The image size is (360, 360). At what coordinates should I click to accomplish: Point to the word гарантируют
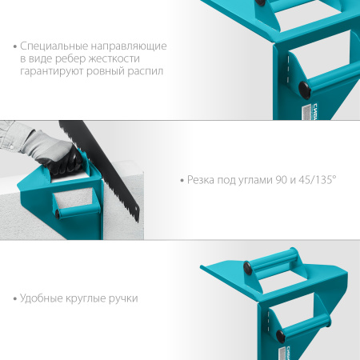(52, 72)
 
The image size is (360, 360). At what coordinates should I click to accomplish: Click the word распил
(146, 72)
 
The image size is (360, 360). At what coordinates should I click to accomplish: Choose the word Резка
(201, 180)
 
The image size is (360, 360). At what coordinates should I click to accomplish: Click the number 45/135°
(318, 180)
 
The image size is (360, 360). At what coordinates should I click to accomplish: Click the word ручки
(123, 298)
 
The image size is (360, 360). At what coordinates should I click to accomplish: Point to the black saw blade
(102, 170)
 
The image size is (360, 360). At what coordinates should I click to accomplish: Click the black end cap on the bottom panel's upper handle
(247, 268)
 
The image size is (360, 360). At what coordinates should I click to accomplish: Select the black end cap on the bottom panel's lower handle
(281, 337)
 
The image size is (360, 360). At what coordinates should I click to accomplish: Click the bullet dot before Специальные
(15, 46)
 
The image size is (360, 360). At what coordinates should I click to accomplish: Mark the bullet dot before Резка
(182, 181)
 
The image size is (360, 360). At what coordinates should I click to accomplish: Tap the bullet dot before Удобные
(15, 298)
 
